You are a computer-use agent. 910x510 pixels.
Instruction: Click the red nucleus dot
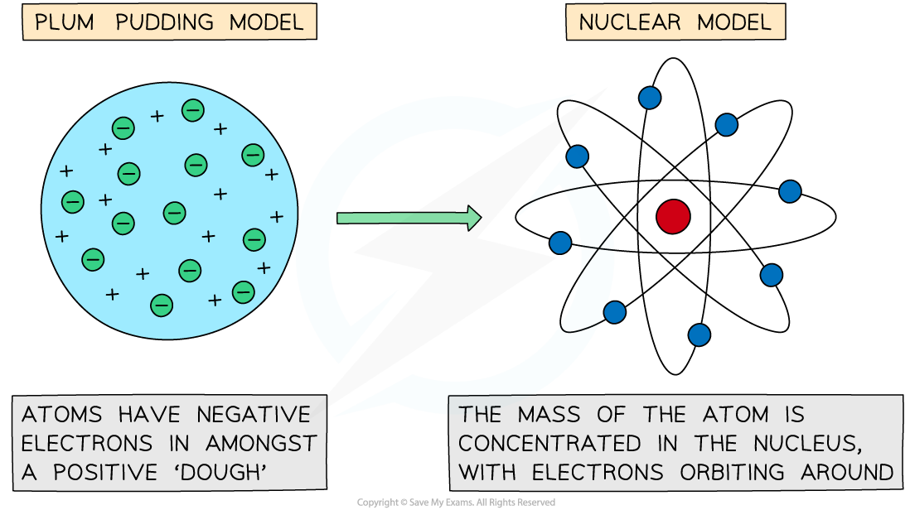pos(673,216)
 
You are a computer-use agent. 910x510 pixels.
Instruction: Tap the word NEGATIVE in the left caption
pos(254,415)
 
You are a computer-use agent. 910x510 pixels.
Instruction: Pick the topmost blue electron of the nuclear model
pos(650,98)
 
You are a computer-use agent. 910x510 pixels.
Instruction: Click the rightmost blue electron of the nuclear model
pos(790,191)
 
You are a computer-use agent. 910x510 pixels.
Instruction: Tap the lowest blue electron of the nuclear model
pos(699,334)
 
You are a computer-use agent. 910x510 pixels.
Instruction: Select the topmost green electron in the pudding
pos(193,109)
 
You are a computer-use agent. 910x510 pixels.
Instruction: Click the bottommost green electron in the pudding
pos(162,305)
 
